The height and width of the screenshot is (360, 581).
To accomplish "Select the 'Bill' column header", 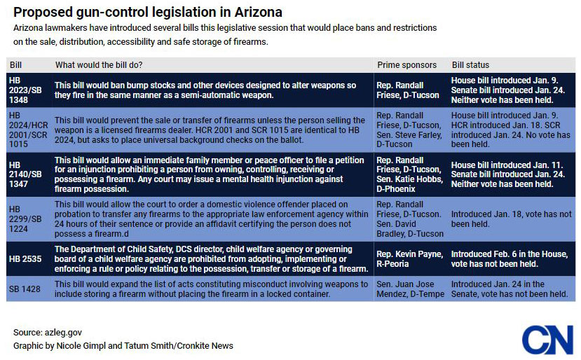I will [15, 65].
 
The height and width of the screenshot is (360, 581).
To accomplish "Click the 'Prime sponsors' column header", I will [406, 65].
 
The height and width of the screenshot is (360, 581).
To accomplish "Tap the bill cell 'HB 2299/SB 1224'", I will [24, 219].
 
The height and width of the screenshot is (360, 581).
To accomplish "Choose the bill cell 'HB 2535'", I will [25, 259].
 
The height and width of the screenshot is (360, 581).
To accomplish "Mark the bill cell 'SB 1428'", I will [25, 289].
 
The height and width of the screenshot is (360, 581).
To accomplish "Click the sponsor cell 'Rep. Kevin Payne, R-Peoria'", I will [409, 259].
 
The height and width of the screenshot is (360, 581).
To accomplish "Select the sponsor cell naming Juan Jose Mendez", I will [409, 289].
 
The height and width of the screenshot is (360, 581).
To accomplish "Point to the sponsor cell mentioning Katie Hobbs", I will [409, 174].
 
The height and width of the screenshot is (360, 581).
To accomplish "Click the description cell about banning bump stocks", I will [205, 90].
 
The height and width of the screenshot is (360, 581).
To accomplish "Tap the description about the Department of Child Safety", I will [211, 259].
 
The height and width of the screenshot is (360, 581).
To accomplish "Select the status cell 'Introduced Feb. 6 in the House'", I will [505, 259].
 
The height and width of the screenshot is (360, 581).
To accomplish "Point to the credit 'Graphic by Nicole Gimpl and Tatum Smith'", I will [123, 345].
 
